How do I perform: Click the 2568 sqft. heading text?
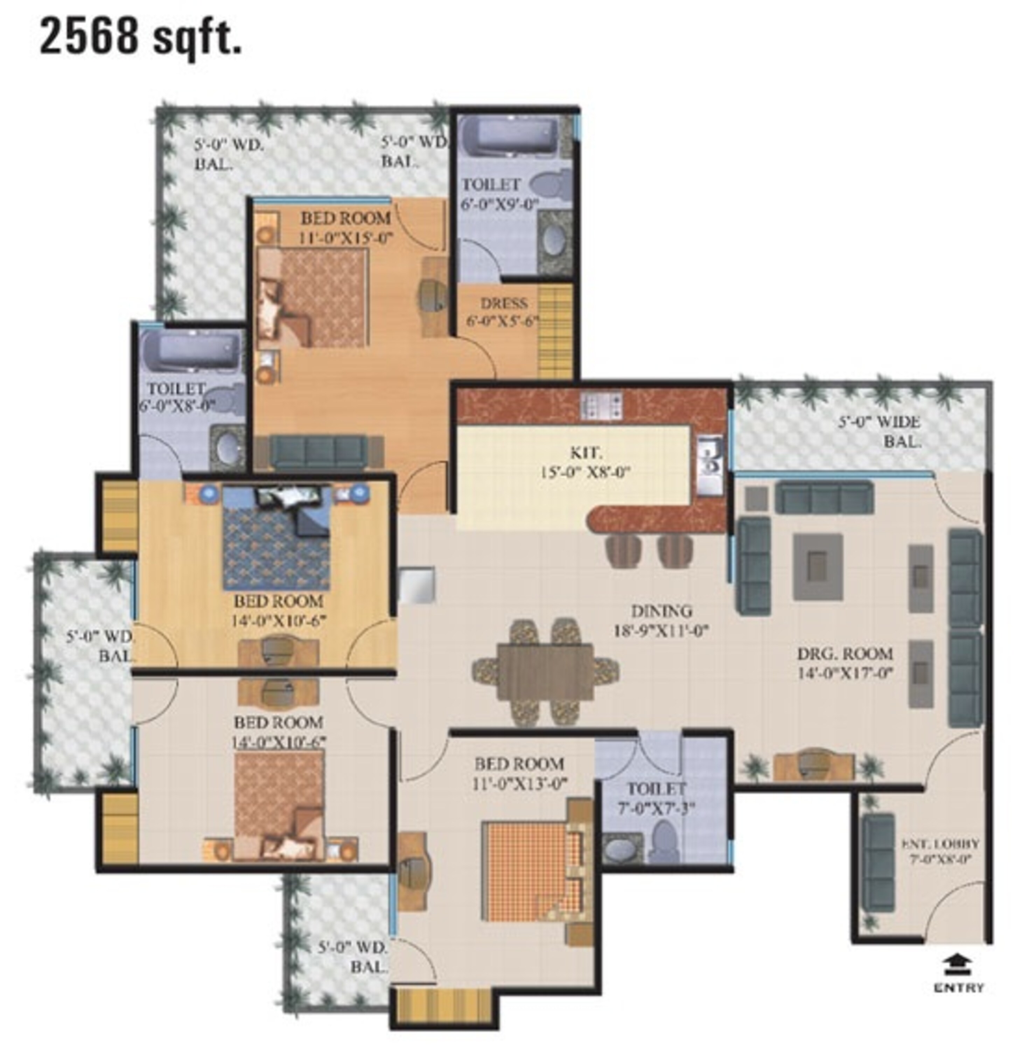141,36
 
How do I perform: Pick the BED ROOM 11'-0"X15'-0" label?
346,227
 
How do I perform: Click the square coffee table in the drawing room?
818,566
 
